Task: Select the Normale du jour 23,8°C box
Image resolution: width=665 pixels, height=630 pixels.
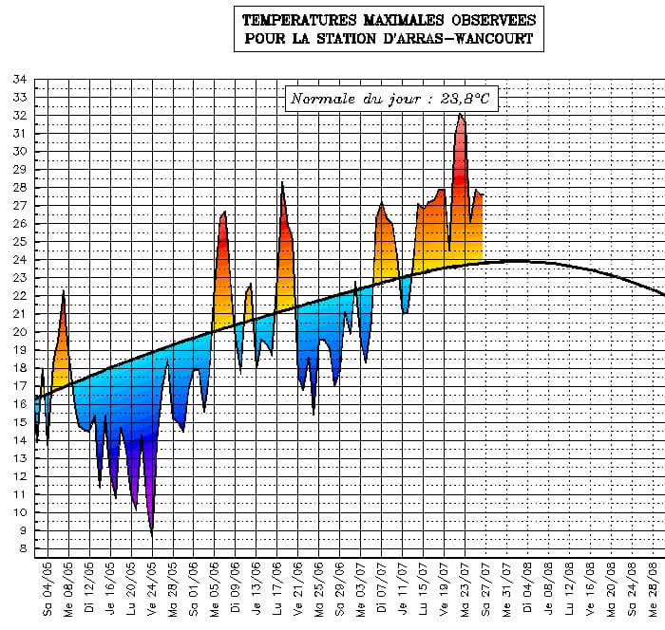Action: click(x=390, y=99)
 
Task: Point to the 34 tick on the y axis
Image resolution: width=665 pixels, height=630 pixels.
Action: click(x=19, y=80)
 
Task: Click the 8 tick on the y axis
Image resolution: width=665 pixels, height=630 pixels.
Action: click(x=22, y=549)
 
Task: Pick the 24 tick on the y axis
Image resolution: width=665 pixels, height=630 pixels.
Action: click(x=19, y=260)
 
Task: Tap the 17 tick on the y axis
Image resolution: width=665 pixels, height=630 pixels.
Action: click(x=19, y=386)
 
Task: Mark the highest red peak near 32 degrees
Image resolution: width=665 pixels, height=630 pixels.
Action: click(x=461, y=116)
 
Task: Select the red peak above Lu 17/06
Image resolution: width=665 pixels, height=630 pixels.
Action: click(x=282, y=185)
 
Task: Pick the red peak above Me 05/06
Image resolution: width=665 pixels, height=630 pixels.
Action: click(x=224, y=213)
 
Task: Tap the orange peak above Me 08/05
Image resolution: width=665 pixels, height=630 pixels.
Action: click(x=64, y=294)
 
